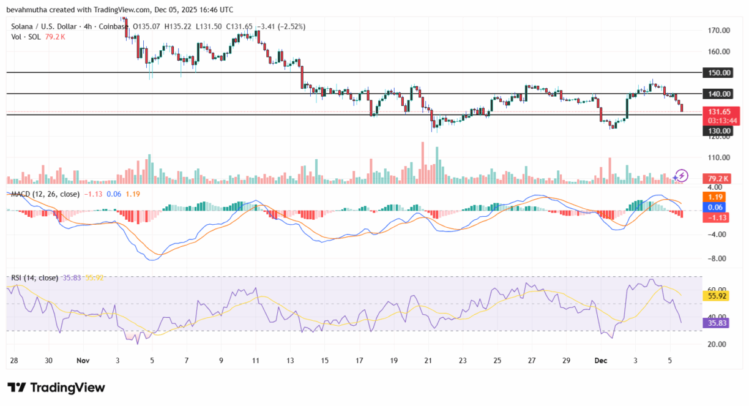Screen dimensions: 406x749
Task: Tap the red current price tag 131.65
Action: (720, 111)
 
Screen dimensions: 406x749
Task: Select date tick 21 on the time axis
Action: (428, 361)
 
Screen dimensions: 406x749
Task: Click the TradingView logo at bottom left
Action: (56, 388)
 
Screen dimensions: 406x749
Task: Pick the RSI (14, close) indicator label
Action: (34, 278)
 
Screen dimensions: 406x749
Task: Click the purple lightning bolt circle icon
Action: (680, 176)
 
